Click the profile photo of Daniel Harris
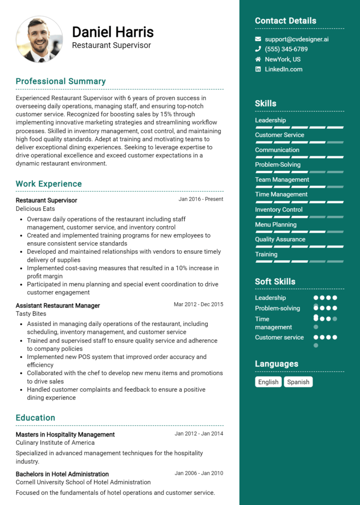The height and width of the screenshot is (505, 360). click(x=39, y=39)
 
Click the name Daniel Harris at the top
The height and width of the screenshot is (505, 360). click(x=112, y=32)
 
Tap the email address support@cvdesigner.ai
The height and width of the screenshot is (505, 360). click(x=296, y=39)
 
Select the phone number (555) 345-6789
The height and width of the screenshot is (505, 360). click(x=286, y=49)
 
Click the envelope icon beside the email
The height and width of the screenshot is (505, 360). click(x=258, y=39)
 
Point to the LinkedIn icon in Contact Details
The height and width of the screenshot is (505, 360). click(x=258, y=69)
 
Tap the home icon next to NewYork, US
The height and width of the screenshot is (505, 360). click(x=258, y=59)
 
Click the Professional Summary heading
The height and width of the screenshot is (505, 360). click(x=60, y=81)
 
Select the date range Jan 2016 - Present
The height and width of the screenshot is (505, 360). click(x=201, y=199)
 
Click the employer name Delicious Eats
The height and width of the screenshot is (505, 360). click(x=35, y=208)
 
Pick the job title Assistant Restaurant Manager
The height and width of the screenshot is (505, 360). click(x=58, y=305)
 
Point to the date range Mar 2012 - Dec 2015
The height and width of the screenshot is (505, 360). click(x=198, y=304)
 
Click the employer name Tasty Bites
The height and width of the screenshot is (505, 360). click(x=31, y=314)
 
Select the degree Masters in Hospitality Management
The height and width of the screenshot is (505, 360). click(x=65, y=434)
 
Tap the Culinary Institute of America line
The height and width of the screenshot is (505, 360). click(x=55, y=443)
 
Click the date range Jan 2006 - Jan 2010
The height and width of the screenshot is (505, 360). click(x=199, y=474)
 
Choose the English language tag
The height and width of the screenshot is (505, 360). click(x=268, y=382)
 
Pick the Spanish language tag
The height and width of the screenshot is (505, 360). click(x=298, y=382)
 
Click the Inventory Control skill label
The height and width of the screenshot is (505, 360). click(x=278, y=209)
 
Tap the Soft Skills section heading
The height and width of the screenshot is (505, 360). click(x=275, y=282)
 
